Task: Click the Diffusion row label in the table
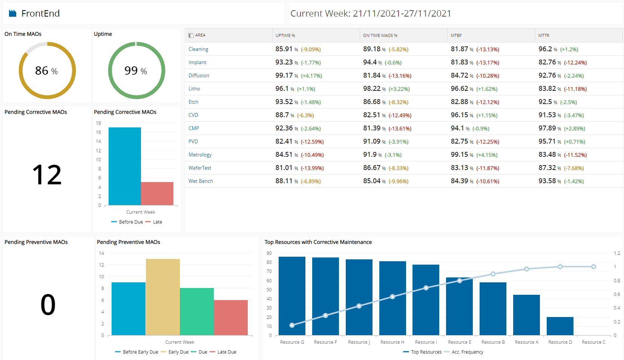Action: pyautogui.click(x=199, y=75)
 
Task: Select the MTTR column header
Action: pyautogui.click(x=544, y=35)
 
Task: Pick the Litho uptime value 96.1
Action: pyautogui.click(x=282, y=89)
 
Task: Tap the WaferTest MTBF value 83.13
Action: pyautogui.click(x=459, y=168)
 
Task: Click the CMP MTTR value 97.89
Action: pyautogui.click(x=547, y=128)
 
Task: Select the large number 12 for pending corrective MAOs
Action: pyautogui.click(x=47, y=175)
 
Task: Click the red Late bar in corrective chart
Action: pyautogui.click(x=157, y=193)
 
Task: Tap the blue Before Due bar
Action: pyautogui.click(x=125, y=166)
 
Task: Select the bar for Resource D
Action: pyautogui.click(x=560, y=326)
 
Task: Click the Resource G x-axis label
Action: pyautogui.click(x=292, y=342)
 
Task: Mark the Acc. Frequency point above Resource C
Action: pyautogui.click(x=593, y=267)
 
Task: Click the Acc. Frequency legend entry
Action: pyautogui.click(x=467, y=352)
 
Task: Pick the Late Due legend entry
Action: pyautogui.click(x=227, y=352)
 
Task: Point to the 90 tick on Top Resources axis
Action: pyautogui.click(x=269, y=253)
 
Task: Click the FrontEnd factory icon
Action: pyautogui.click(x=13, y=14)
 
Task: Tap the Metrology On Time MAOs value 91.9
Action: pyautogui.click(x=370, y=155)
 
